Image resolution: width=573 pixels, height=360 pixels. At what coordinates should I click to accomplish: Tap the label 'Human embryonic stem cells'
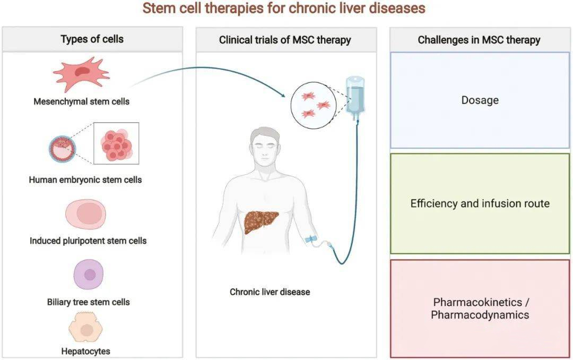[85, 179]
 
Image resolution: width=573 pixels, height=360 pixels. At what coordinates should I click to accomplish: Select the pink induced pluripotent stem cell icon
[85, 215]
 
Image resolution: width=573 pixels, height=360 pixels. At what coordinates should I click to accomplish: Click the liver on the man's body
[261, 222]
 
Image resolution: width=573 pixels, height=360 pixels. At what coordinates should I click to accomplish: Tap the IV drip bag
[355, 98]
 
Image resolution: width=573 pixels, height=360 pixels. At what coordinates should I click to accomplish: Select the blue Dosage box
[480, 100]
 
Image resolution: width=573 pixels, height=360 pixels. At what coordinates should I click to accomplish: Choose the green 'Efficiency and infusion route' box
[480, 203]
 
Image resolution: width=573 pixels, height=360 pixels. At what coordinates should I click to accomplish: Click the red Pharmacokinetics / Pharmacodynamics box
[480, 308]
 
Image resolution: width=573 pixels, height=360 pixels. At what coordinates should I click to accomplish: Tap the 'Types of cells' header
[92, 39]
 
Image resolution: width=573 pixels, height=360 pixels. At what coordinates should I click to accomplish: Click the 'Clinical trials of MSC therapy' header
[285, 40]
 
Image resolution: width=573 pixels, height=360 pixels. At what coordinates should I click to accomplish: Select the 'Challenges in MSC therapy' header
[479, 40]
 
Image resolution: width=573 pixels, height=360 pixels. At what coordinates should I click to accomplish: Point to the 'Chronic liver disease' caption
[270, 292]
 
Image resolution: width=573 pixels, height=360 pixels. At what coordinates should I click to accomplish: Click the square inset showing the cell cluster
[116, 143]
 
